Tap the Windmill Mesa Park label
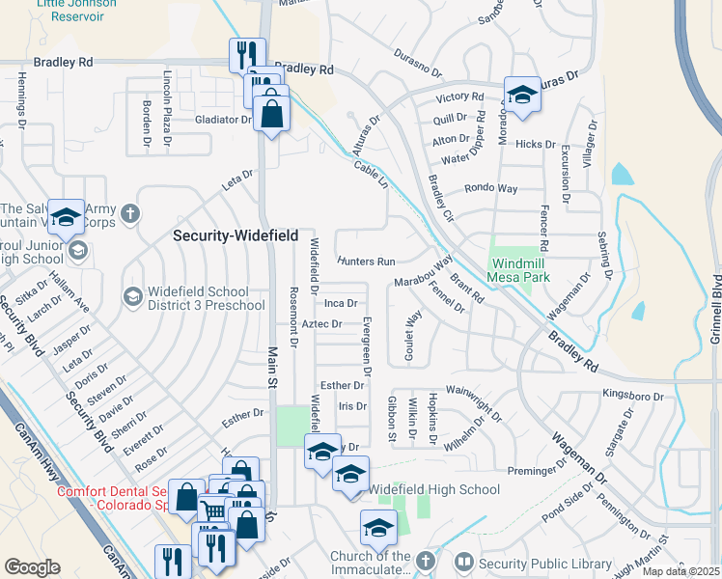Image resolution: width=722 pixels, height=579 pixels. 528,269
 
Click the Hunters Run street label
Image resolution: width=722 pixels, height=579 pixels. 367,262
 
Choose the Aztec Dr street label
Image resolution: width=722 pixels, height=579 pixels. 322,324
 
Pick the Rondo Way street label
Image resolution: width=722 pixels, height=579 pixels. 491,188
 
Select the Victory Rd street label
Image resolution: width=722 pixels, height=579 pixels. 459,97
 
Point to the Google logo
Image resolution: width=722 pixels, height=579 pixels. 32,567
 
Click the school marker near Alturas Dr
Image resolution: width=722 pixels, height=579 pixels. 522,96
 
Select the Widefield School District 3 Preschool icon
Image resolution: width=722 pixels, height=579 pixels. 130,294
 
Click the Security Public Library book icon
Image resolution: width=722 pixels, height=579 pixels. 464,562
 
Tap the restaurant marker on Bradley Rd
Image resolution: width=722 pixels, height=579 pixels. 247,55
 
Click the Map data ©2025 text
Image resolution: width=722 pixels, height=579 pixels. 681,571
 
